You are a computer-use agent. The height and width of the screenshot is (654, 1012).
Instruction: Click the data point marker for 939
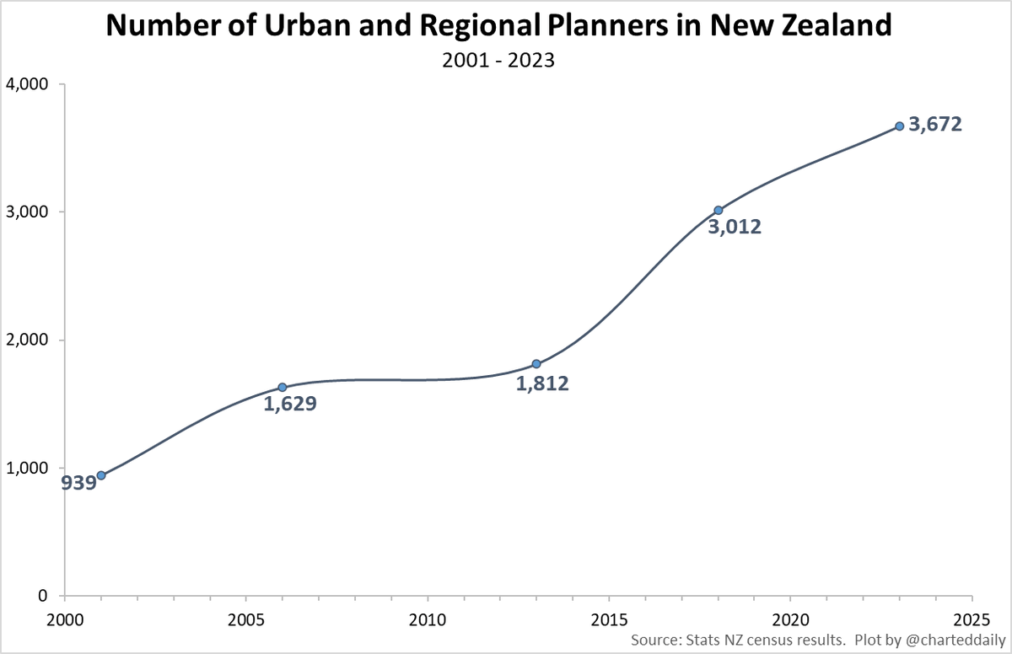(101, 475)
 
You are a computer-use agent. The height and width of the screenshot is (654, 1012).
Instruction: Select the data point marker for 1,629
(283, 388)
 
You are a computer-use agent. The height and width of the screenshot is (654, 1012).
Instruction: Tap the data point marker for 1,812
(536, 364)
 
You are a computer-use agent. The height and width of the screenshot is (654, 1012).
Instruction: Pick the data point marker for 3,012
(718, 210)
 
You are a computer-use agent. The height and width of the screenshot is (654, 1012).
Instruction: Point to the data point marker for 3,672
(899, 126)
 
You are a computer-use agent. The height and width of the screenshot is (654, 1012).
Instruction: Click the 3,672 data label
(934, 125)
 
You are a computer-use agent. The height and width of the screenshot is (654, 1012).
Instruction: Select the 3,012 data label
(735, 227)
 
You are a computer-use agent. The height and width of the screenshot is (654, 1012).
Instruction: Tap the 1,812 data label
(542, 383)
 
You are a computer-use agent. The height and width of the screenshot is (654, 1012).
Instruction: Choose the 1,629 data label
(289, 404)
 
